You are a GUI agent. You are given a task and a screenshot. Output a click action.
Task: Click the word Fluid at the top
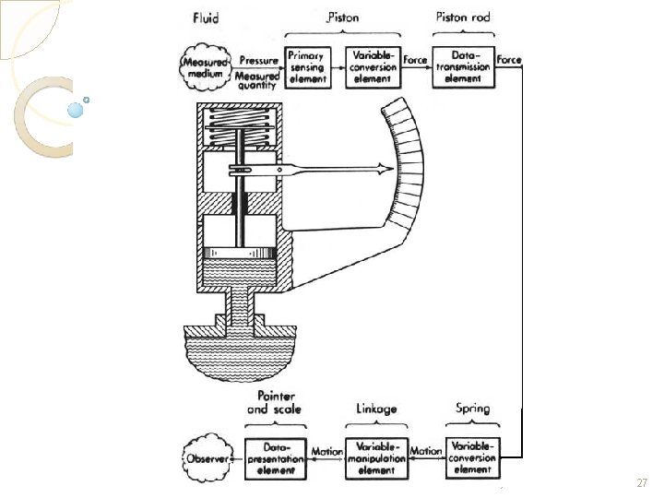click(206, 18)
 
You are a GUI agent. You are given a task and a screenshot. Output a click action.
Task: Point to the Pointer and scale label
click(274, 402)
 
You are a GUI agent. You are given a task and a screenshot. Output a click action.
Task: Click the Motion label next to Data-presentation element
click(326, 452)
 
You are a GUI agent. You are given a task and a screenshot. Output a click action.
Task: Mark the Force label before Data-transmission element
click(416, 60)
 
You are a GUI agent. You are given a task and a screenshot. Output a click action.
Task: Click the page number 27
click(643, 483)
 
